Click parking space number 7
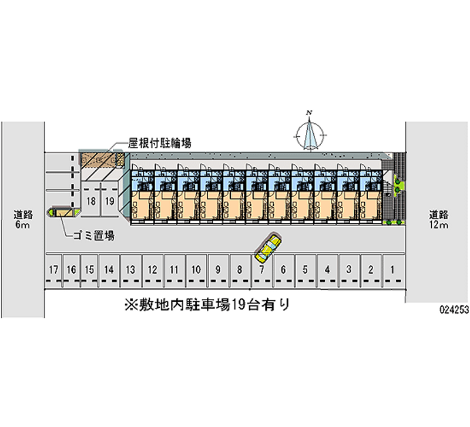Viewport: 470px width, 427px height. click(261, 270)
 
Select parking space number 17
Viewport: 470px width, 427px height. click(53, 270)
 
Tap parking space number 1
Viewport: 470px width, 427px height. click(392, 270)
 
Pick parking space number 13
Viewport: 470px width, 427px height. click(130, 270)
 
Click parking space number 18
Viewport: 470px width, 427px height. click(91, 201)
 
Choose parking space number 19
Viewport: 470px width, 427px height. click(109, 201)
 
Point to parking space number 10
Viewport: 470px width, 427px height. click(196, 270)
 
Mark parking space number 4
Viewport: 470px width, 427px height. click(327, 270)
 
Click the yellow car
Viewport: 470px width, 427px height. click(268, 248)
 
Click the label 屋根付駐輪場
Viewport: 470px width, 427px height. click(159, 143)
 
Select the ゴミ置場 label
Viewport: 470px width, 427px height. click(93, 236)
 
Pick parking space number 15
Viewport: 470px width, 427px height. click(89, 270)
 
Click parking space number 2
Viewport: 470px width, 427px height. click(370, 270)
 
